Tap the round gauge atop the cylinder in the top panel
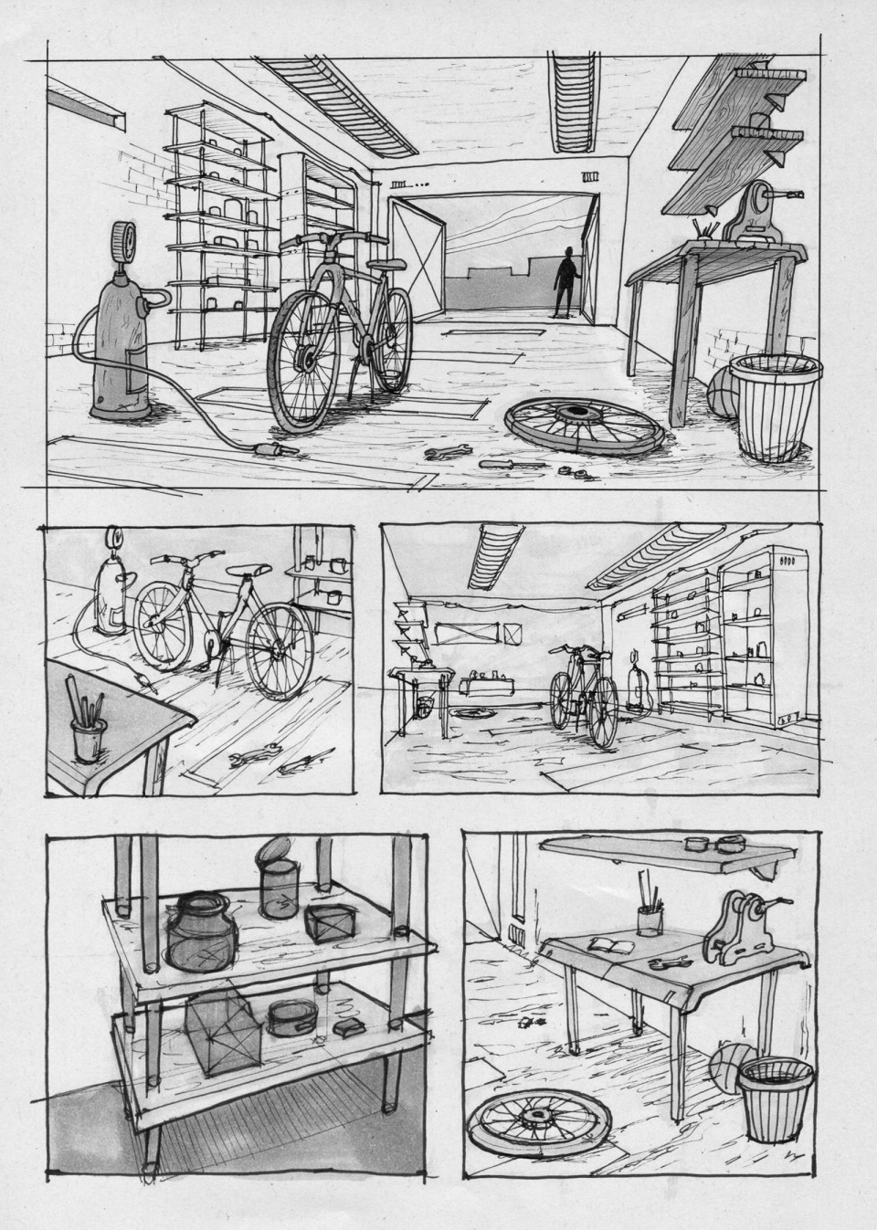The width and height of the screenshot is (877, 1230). [124, 241]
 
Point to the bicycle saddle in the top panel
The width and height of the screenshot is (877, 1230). [388, 265]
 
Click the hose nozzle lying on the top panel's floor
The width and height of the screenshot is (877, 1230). [274, 449]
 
